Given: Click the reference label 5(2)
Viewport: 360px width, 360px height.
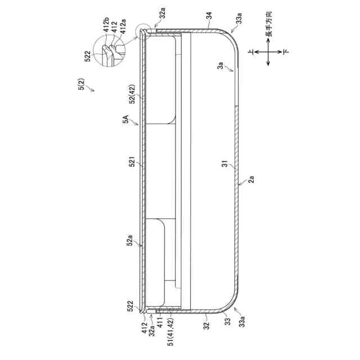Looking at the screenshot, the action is tap(82, 84).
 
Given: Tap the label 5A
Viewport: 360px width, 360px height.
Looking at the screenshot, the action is tap(125, 119).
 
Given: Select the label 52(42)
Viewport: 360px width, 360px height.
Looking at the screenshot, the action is tap(133, 94).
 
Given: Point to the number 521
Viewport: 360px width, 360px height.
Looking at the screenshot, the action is tap(132, 161).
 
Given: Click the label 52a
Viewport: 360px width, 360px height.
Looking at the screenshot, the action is tap(129, 240).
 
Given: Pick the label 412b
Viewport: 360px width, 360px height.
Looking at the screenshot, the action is tap(106, 25).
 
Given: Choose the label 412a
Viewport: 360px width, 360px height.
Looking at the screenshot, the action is tap(123, 27).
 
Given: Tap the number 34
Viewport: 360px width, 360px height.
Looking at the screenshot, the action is tap(209, 16).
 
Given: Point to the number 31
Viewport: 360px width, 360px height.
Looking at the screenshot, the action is tap(225, 164).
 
